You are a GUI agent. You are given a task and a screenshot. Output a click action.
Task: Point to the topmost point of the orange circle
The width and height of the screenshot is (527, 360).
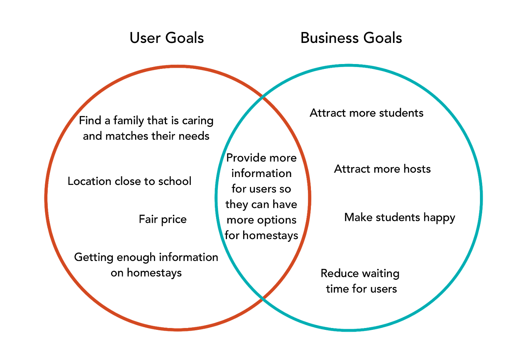(178, 66)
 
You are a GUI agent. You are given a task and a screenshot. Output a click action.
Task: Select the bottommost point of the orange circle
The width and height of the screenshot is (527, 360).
(178, 330)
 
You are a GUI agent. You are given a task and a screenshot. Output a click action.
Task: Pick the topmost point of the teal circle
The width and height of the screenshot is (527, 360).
(349, 66)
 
